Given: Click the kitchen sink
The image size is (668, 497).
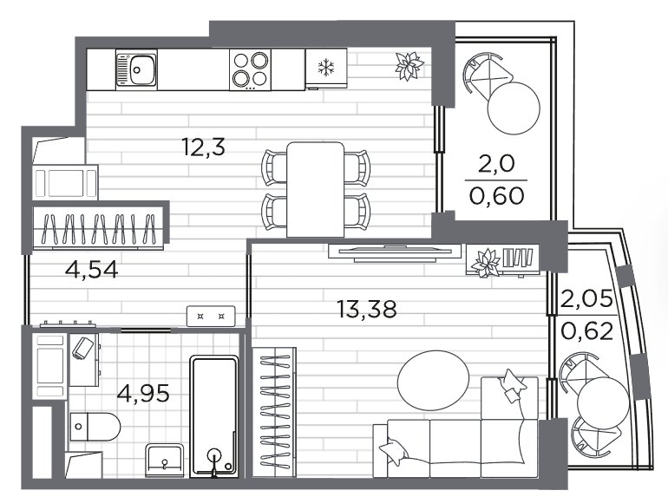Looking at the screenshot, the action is point(136,69).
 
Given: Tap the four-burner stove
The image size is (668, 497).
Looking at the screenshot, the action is point(250,69).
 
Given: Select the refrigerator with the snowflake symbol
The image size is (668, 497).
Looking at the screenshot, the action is point(326,69).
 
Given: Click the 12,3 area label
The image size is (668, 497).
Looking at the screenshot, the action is point(203,147).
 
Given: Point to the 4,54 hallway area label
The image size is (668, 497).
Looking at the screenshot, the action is point(92,269).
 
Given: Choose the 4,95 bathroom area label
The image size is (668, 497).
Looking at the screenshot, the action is point(143,393).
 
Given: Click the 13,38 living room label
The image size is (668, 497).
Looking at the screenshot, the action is point(367,309).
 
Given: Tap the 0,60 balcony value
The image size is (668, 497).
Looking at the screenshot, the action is point(497,196).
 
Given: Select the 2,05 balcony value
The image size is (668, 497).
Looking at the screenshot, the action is point(587,298).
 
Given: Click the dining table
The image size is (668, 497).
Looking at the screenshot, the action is point(315,189).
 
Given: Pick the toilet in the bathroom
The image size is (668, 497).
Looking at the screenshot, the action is point(95,426).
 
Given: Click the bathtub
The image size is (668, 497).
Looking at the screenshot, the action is point(214,416).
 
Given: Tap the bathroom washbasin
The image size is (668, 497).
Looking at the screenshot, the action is point(165,461).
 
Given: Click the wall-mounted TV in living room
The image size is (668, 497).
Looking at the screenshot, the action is point(395,252).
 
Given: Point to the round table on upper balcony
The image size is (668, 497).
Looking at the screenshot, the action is point(514,108).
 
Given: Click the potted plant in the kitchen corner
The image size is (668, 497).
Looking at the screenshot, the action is point(409,66).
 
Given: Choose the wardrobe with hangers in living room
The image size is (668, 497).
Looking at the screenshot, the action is point(274,412).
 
